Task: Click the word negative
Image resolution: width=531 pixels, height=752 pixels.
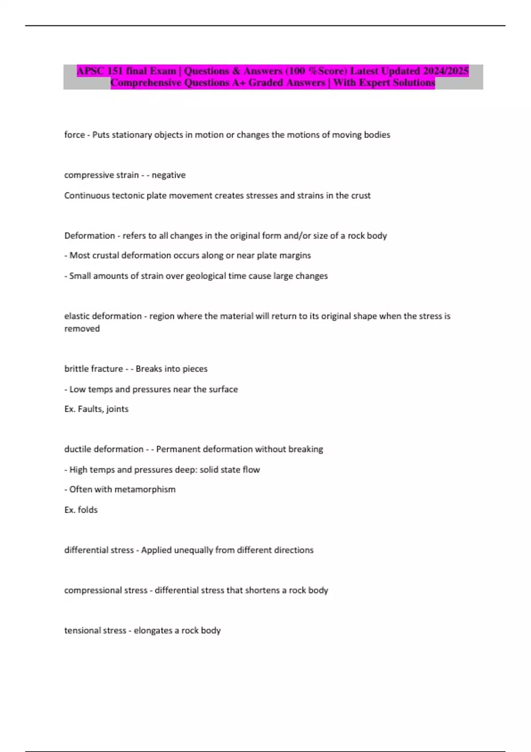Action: pos(169,175)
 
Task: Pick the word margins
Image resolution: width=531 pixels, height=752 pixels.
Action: pos(295,256)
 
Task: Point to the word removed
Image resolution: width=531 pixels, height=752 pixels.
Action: pos(82,329)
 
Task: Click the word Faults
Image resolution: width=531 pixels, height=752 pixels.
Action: pos(90,409)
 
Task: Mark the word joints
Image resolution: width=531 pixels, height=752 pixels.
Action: pos(117,409)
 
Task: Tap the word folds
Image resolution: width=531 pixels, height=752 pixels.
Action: pos(88,510)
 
